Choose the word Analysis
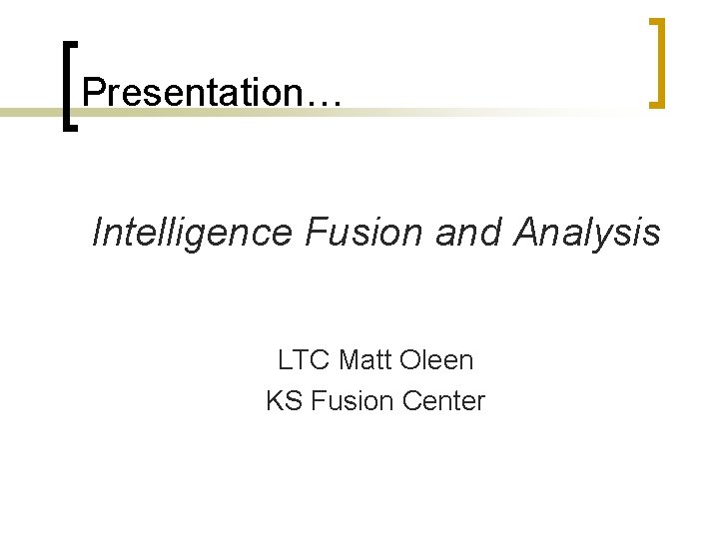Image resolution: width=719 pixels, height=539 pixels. pyautogui.click(x=587, y=233)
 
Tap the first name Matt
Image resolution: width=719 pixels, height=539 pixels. pyautogui.click(x=366, y=359)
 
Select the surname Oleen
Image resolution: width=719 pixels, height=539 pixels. pyautogui.click(x=437, y=359)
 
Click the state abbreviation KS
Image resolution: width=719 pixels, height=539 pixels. pyautogui.click(x=285, y=401)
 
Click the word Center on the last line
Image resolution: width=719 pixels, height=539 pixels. pyautogui.click(x=442, y=401)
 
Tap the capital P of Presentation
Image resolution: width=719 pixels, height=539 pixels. pyautogui.click(x=93, y=93)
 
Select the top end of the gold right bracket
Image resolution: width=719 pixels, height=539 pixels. pyautogui.click(x=655, y=22)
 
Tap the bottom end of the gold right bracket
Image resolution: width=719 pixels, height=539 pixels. pyautogui.click(x=655, y=102)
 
